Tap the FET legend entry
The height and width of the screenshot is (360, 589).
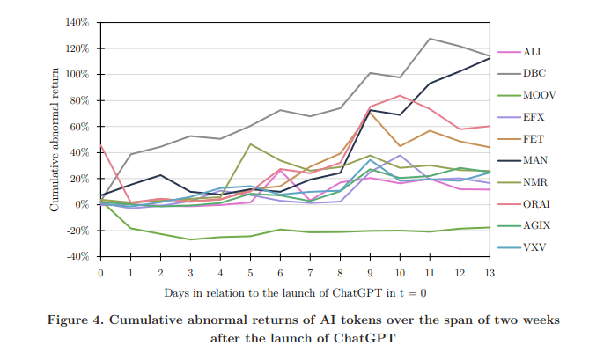534,138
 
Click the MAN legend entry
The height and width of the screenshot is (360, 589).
534,159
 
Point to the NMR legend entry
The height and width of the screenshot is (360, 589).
534,180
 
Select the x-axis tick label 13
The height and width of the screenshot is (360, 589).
490,272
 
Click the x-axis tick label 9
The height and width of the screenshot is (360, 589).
370,272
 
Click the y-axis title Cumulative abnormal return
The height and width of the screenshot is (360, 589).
54,138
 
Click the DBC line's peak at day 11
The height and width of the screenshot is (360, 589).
430,39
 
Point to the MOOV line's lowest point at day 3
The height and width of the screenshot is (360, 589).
190,239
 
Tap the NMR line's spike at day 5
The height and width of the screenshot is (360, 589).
250,144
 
